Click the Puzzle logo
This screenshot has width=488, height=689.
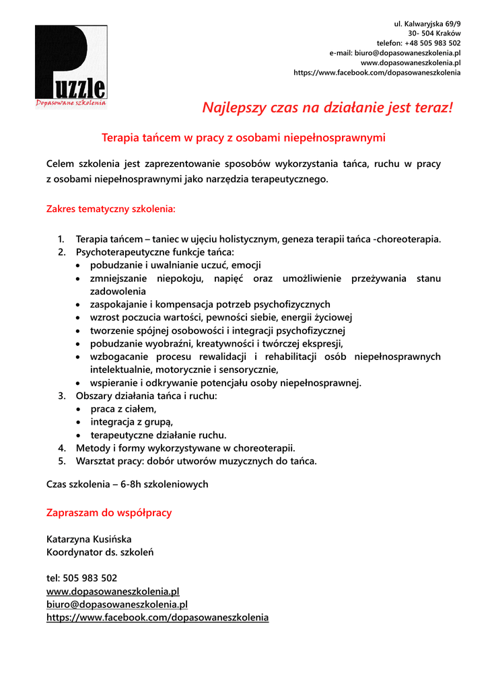(71, 66)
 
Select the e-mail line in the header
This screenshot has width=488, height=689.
(394, 52)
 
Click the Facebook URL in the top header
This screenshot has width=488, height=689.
(377, 73)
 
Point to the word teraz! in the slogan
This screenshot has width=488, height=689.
(429, 108)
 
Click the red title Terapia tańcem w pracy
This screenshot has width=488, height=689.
(243, 138)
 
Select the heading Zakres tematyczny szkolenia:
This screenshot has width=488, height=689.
(110, 209)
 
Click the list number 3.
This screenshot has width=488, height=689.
(61, 396)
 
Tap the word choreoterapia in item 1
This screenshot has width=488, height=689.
(411, 239)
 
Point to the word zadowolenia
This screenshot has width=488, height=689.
(118, 291)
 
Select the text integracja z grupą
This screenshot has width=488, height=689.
(131, 423)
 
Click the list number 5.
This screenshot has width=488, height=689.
(61, 462)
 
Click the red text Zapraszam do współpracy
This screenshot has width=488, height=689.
(109, 513)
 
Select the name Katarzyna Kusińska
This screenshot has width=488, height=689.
(89, 539)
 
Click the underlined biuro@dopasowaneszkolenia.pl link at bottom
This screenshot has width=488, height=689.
(116, 604)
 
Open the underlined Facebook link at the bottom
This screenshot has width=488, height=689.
(157, 618)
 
